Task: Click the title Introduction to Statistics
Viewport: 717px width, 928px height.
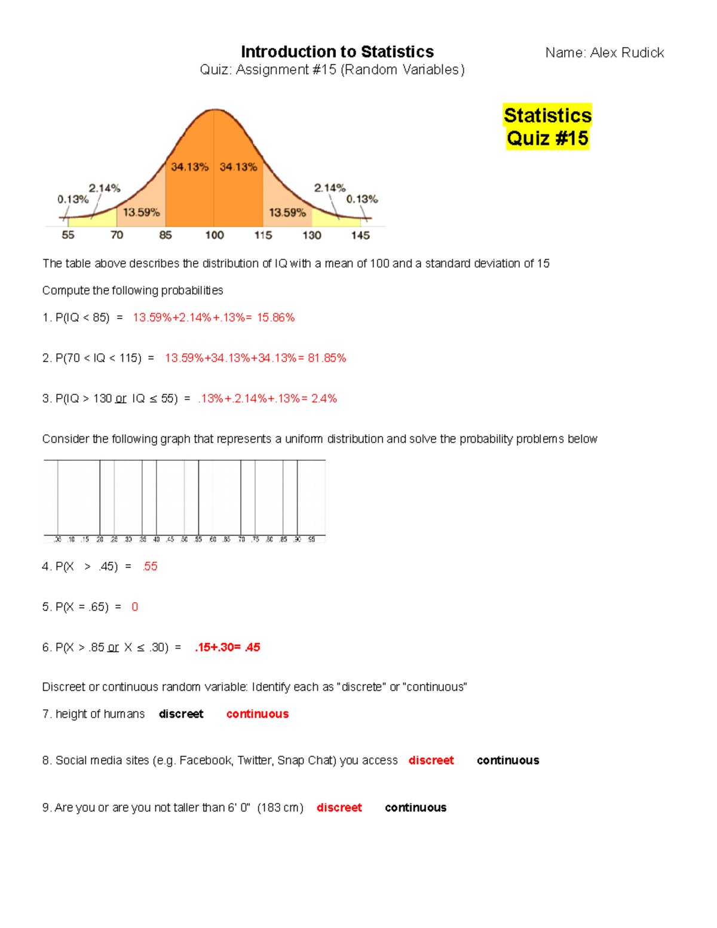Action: [x=337, y=51]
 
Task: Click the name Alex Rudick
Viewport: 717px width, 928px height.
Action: [x=627, y=53]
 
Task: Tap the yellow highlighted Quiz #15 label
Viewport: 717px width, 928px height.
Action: [x=547, y=138]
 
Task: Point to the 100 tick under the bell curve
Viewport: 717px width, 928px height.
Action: [x=215, y=235]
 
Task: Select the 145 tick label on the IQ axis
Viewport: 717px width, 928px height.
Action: [x=360, y=235]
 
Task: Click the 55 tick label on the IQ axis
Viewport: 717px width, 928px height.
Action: [x=68, y=235]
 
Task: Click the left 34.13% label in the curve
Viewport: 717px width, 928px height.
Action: [x=189, y=167]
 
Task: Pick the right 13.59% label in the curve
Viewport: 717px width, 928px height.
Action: [x=287, y=212]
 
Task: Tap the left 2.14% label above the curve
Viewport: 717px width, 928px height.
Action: [x=105, y=188]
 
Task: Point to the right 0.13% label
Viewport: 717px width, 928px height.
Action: [x=362, y=199]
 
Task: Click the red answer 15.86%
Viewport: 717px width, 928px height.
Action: [x=275, y=317]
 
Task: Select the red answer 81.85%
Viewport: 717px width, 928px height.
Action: [x=327, y=358]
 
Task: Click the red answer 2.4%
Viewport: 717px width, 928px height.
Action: [x=324, y=399]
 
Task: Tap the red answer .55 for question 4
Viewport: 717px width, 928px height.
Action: [x=150, y=566]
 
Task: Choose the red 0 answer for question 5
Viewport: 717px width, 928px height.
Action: [x=135, y=607]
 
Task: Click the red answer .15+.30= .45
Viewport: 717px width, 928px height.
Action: [x=227, y=647]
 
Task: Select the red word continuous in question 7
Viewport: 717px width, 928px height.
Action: [x=258, y=714]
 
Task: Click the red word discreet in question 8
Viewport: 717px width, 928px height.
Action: [x=431, y=760]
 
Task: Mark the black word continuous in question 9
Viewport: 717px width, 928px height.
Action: [x=415, y=807]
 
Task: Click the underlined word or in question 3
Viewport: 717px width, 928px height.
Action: [x=121, y=399]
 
